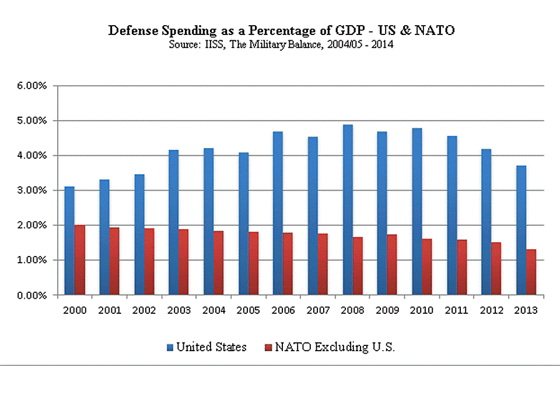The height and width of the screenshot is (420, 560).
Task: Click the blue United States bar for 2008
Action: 348,210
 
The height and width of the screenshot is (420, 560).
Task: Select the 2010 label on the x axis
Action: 421,310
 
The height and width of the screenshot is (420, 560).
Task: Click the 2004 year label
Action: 213,310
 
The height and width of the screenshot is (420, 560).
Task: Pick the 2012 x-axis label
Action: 491,310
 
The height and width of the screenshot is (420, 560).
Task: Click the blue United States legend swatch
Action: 170,348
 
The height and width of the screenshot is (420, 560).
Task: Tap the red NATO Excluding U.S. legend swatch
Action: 268,348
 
